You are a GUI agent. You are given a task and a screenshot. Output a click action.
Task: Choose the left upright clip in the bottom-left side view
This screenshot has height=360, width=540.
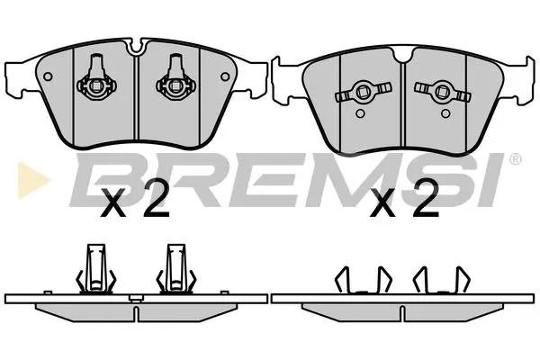click(93, 267)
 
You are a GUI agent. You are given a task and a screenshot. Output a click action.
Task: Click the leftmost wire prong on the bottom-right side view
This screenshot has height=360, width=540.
click(340, 282)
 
